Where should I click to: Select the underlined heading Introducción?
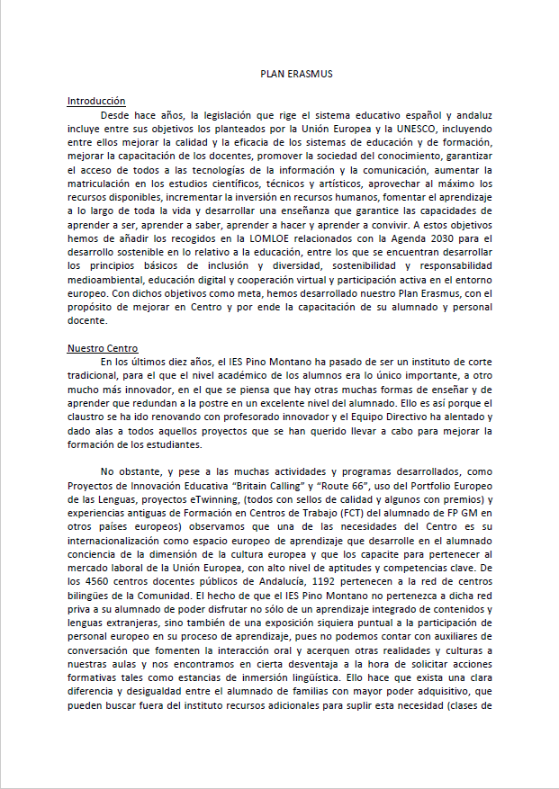[x=96, y=102]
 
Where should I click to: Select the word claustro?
[x=86, y=416]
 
